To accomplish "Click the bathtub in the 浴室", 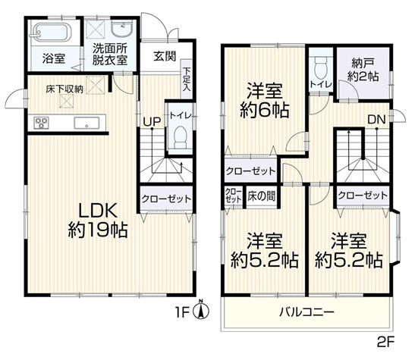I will pos(52,33).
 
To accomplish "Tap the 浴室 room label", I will pos(52,58).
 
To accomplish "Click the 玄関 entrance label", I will pos(165,55).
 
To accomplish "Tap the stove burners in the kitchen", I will pos(41,123).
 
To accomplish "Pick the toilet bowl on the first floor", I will pos(180,137).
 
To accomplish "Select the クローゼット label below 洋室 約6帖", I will pos(250,169).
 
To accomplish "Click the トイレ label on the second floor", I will pos(319,85).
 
